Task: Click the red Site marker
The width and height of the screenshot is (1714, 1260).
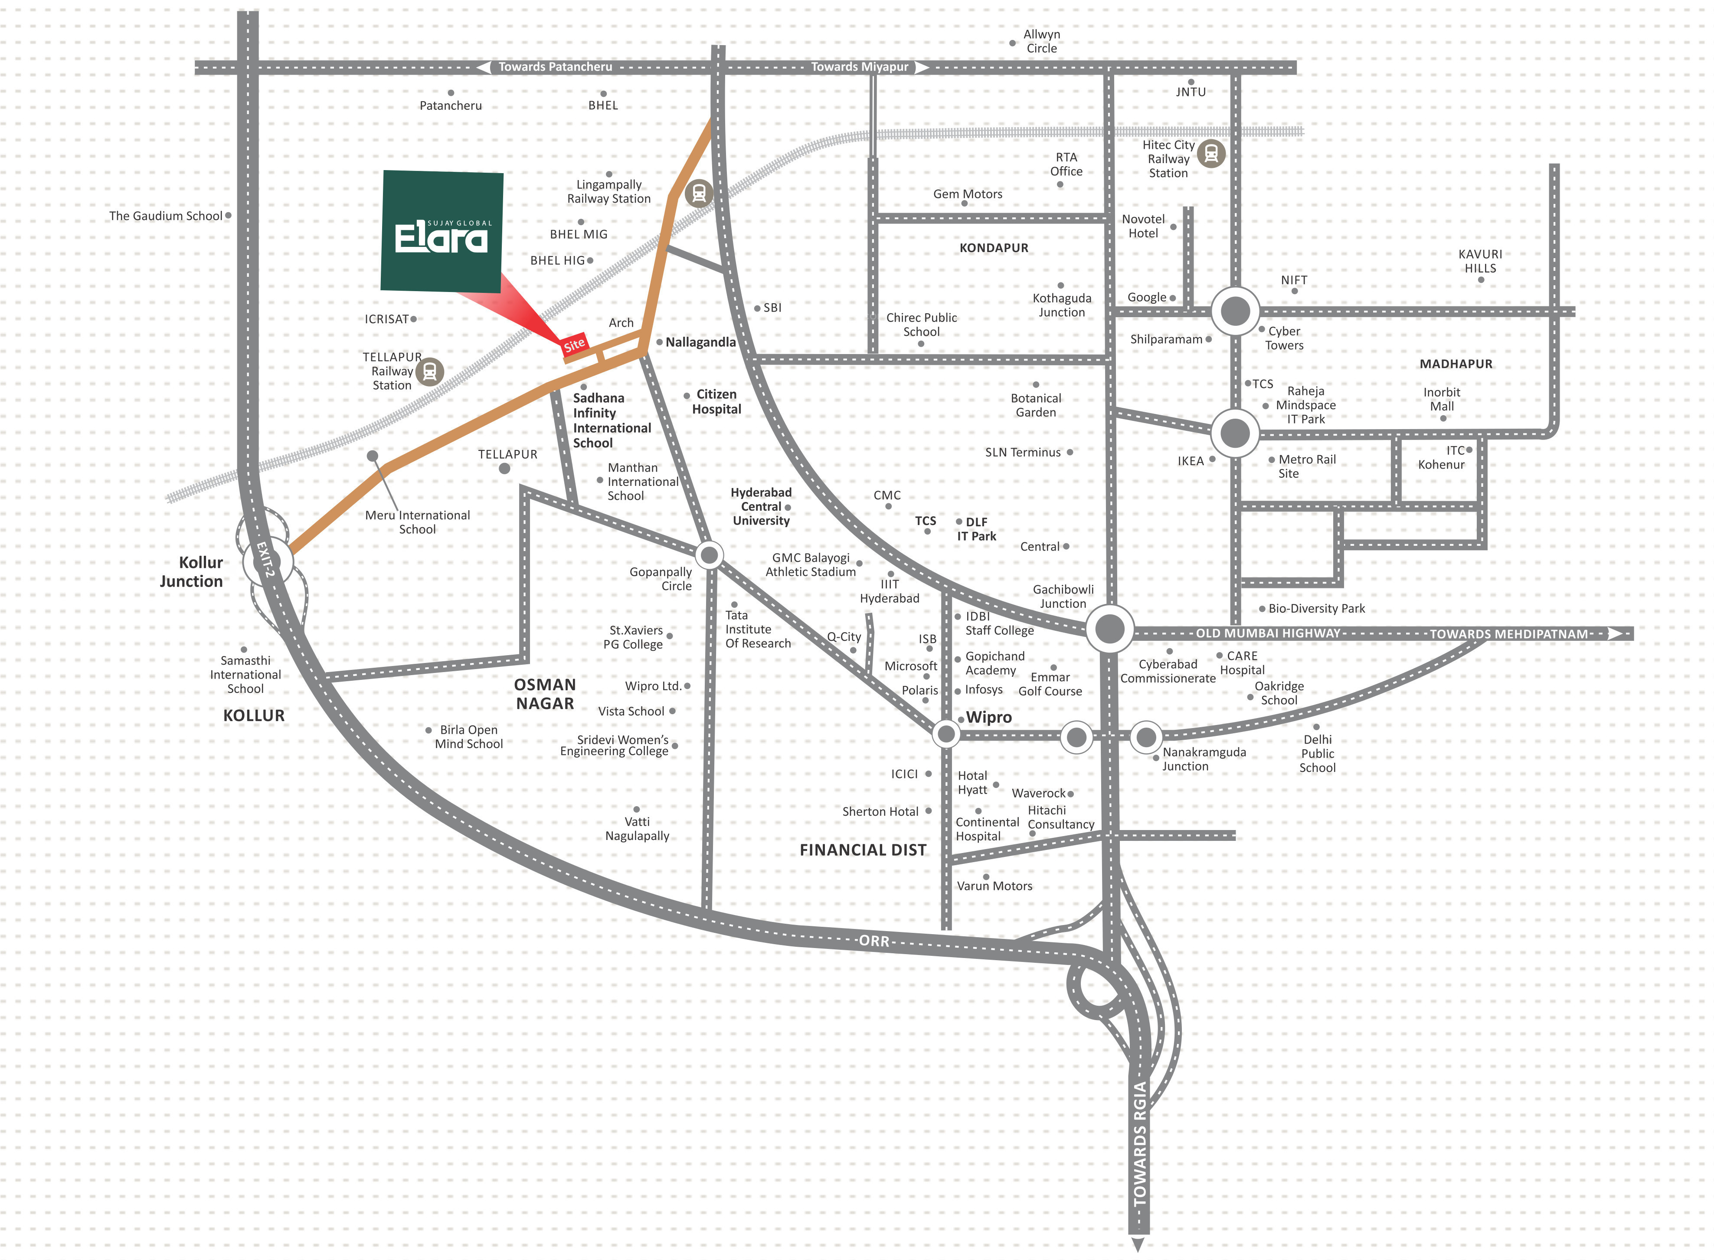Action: (x=574, y=345)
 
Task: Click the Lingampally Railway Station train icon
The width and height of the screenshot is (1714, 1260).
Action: (x=698, y=193)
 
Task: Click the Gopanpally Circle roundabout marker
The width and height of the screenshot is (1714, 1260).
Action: (x=709, y=555)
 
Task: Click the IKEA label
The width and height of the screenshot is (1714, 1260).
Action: (x=1190, y=461)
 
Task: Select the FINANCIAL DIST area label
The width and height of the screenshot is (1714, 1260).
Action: (x=863, y=850)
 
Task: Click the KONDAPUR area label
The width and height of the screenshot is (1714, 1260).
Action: (x=994, y=248)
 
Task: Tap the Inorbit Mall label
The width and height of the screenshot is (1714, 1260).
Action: (x=1442, y=399)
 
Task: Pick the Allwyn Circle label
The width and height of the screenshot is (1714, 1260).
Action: (x=1041, y=41)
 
